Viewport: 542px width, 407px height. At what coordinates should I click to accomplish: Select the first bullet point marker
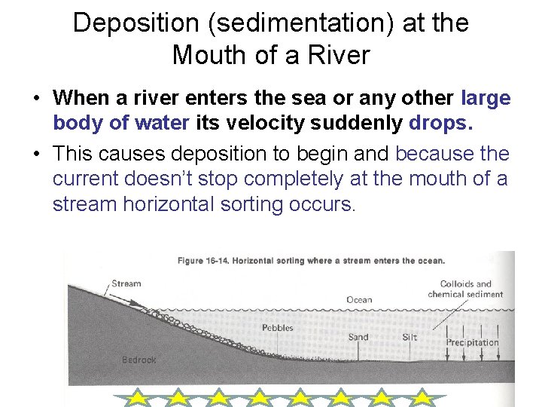click(35, 99)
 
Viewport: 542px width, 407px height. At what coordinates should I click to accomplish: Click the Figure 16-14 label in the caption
click(202, 261)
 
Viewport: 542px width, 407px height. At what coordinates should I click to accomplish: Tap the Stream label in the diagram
click(126, 283)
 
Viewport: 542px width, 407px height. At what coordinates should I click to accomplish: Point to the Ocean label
click(359, 299)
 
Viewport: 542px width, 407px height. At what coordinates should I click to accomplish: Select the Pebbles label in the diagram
click(278, 328)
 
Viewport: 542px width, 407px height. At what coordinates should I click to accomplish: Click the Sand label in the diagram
click(358, 337)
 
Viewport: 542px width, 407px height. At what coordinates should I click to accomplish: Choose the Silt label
click(410, 337)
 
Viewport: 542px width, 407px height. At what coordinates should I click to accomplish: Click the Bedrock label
click(139, 360)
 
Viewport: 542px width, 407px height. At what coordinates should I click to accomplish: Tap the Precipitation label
click(473, 342)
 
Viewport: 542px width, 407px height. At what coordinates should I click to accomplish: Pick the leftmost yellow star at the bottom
click(137, 398)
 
